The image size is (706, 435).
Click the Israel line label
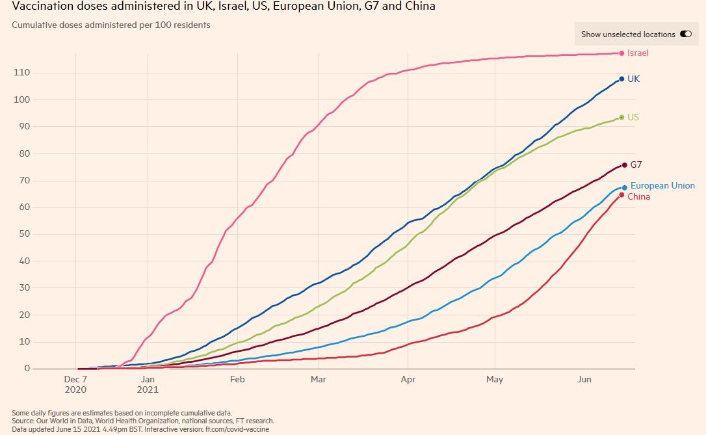pyautogui.click(x=638, y=53)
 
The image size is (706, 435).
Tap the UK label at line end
pyautogui.click(x=633, y=79)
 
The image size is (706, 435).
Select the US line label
pyautogui.click(x=633, y=117)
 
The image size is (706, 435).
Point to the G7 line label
pyautogui.click(x=636, y=165)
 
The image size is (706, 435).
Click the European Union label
pyautogui.click(x=662, y=186)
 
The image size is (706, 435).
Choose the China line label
pyautogui.click(x=638, y=196)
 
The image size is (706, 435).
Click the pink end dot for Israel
pyautogui.click(x=621, y=53)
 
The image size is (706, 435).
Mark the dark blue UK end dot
pyautogui.click(x=621, y=79)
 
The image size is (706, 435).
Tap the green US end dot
pyautogui.click(x=621, y=117)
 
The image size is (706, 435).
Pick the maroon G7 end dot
pyautogui.click(x=624, y=165)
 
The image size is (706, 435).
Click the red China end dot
pyautogui.click(x=621, y=194)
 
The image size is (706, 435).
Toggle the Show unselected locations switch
pyautogui.click(x=685, y=34)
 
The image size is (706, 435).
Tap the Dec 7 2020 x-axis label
pyautogui.click(x=76, y=384)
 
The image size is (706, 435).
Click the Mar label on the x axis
pyautogui.click(x=318, y=380)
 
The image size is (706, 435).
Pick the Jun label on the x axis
pyautogui.click(x=584, y=380)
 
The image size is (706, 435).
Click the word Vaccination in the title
pyautogui.click(x=41, y=7)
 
